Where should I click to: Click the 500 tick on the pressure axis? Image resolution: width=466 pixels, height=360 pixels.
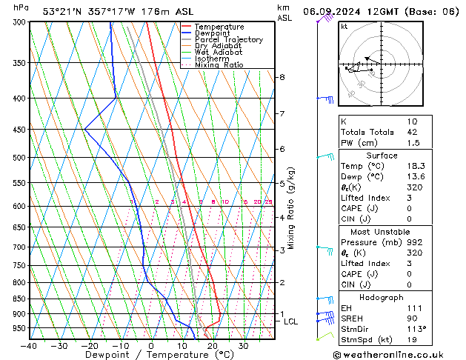pyautogui.click(x=20, y=158)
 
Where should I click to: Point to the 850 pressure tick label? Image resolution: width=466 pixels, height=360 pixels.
pyautogui.click(x=20, y=299)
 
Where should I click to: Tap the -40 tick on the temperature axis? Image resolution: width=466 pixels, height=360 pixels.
pyautogui.click(x=30, y=345)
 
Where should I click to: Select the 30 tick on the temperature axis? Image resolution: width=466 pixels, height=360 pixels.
pyautogui.click(x=244, y=345)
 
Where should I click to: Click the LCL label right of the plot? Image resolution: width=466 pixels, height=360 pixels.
pyautogui.click(x=291, y=321)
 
